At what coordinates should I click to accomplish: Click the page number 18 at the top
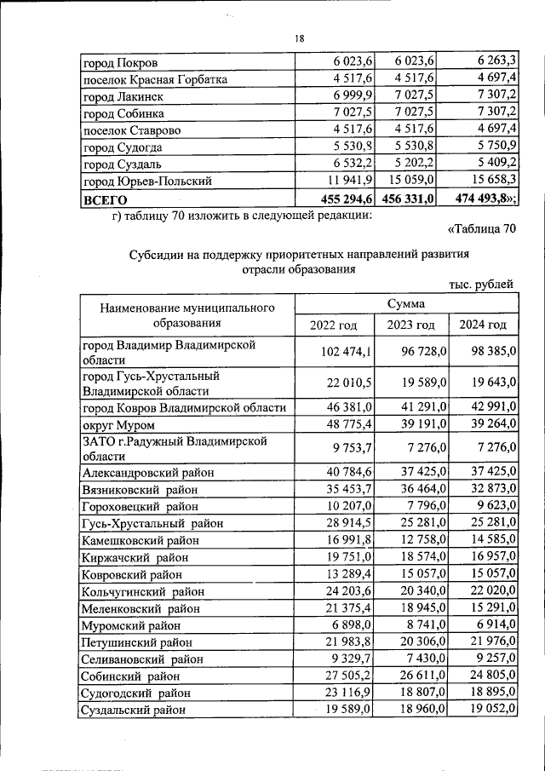click(300, 38)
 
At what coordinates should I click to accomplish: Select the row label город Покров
click(120, 62)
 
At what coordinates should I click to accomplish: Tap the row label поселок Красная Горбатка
click(154, 79)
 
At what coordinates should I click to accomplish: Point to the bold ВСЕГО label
click(104, 199)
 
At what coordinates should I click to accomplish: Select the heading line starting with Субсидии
click(299, 254)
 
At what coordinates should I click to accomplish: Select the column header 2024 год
click(482, 325)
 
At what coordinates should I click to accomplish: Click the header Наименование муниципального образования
click(186, 314)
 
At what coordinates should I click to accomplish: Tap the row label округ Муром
click(118, 424)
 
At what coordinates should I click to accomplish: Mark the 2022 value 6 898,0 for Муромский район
click(349, 625)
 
